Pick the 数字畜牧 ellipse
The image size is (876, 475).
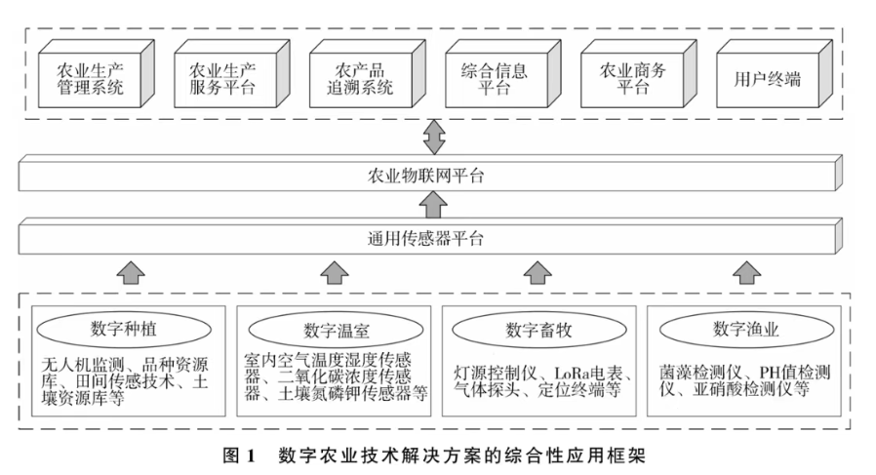coord(538,328)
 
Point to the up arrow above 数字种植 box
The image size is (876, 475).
coord(127,272)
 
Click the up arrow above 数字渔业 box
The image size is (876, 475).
coord(743,272)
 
